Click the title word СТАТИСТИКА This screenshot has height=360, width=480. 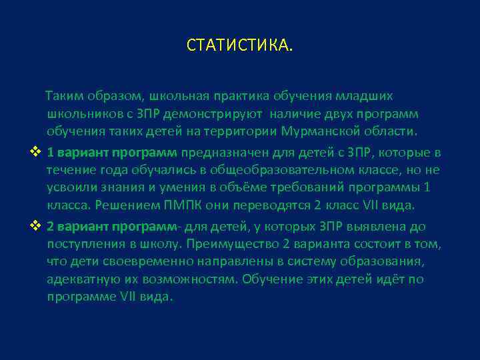(239, 46)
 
